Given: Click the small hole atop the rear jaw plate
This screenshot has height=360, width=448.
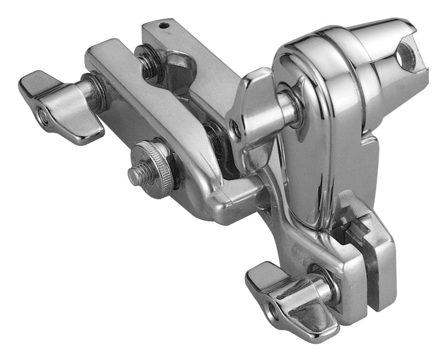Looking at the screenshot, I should point(163,26).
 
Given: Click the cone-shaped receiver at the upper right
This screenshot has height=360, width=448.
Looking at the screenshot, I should point(386,50).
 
